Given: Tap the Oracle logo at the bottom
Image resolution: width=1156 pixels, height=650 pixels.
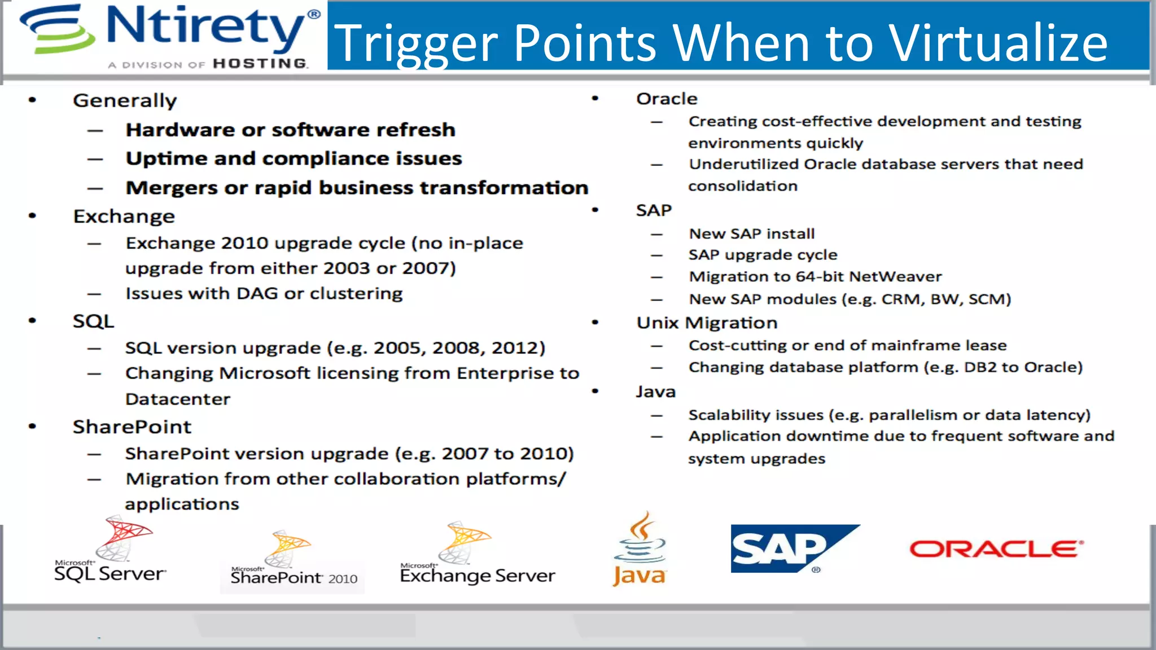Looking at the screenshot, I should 996,549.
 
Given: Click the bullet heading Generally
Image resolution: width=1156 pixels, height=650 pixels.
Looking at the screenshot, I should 125,101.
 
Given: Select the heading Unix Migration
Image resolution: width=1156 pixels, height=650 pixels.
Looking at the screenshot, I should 707,323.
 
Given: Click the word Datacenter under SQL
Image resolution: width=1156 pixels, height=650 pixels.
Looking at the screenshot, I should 178,399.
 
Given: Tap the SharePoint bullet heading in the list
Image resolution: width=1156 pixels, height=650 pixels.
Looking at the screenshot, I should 132,427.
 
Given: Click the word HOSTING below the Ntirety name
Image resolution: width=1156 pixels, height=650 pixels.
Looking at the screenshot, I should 260,64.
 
